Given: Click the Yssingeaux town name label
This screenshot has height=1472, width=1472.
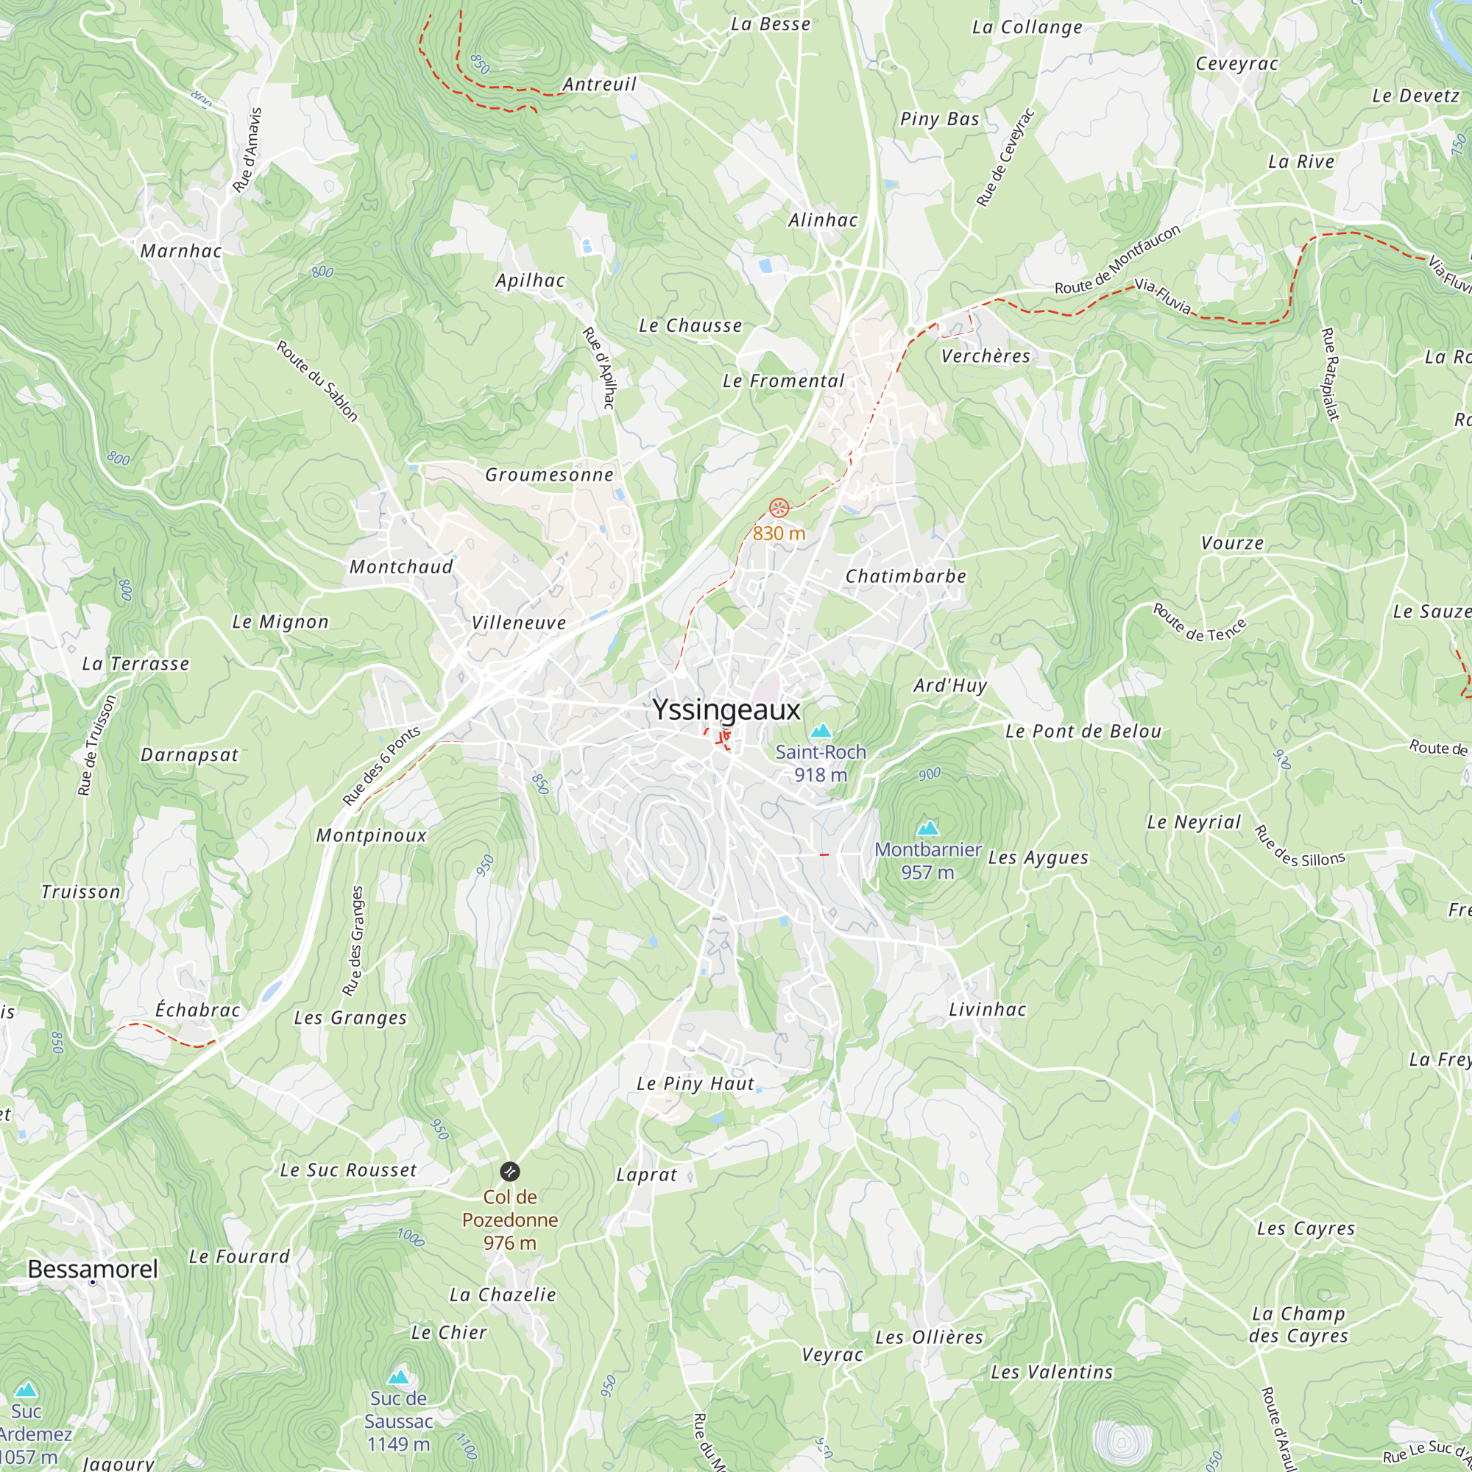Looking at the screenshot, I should [x=726, y=710].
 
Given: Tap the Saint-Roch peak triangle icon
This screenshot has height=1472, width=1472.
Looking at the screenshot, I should [x=821, y=731].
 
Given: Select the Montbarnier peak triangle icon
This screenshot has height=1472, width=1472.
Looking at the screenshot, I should [x=927, y=827].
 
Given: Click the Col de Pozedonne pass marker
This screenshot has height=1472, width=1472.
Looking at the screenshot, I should [x=510, y=1171].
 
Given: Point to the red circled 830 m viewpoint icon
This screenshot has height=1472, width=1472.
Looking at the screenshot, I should [x=779, y=507].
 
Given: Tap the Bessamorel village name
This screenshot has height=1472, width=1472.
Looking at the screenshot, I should [x=93, y=1269].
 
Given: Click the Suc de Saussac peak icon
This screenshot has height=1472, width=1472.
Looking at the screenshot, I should [x=398, y=1377].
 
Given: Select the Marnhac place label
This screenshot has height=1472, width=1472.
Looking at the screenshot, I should [x=181, y=251].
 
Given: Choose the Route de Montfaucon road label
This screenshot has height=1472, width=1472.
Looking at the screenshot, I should [x=1117, y=260].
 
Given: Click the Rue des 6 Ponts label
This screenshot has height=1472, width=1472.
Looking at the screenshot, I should [x=381, y=765].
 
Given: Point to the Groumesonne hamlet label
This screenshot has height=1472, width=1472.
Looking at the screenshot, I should [x=549, y=475].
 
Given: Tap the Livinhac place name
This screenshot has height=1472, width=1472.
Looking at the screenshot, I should [x=988, y=1010].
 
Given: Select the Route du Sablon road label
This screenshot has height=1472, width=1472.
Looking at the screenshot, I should [x=317, y=381].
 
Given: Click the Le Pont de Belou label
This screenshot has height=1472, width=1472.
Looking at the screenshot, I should [x=1083, y=732].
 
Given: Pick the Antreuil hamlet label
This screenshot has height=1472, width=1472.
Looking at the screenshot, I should [x=600, y=85].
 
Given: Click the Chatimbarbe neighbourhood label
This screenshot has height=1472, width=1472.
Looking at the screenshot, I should [x=906, y=576].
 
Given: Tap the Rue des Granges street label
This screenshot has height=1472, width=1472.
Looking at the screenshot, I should [x=353, y=941].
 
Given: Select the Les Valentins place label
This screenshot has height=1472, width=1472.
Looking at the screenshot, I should [x=1052, y=1372].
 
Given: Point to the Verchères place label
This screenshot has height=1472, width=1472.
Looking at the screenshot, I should [x=986, y=355].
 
